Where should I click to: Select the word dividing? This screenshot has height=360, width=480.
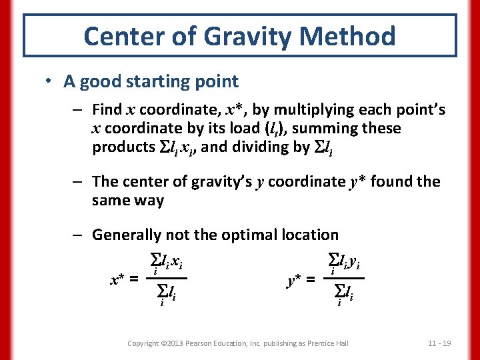(x=264, y=147)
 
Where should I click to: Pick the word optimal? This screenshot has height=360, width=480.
(x=253, y=235)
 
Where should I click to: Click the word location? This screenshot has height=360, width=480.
(x=311, y=235)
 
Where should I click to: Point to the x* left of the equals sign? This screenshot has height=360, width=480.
(x=119, y=280)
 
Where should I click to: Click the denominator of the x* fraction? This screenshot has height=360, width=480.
(x=166, y=291)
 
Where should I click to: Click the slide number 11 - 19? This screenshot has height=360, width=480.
(x=439, y=343)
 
